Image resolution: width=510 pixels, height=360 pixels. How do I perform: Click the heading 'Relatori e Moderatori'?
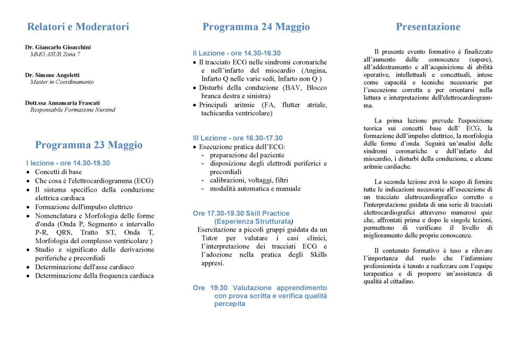click(78, 27)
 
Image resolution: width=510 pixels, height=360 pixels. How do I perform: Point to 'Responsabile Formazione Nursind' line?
click(72, 110)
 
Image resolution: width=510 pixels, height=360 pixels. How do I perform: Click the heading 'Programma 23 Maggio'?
click(89, 145)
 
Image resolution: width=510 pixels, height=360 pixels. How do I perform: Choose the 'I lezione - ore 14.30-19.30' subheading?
click(67, 163)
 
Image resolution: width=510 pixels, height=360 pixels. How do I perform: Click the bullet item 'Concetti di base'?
click(58, 172)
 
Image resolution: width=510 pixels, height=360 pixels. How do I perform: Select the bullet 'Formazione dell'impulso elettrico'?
click(84, 207)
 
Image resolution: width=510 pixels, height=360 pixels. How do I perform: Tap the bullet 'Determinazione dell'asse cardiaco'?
click(84, 267)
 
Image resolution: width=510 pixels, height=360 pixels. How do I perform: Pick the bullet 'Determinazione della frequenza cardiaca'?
click(95, 276)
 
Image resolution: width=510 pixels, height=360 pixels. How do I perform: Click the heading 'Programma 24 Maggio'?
click(256, 27)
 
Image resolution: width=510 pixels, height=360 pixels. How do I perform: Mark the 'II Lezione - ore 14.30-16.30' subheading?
click(236, 53)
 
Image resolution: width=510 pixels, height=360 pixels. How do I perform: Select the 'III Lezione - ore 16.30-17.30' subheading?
click(237, 138)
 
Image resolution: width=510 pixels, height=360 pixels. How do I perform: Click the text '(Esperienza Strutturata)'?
click(253, 221)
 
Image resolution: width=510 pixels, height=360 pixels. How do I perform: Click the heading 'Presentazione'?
click(428, 27)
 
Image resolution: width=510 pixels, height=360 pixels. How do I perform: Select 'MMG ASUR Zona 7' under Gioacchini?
click(55, 54)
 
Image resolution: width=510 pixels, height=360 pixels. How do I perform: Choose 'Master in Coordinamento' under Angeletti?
click(62, 82)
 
